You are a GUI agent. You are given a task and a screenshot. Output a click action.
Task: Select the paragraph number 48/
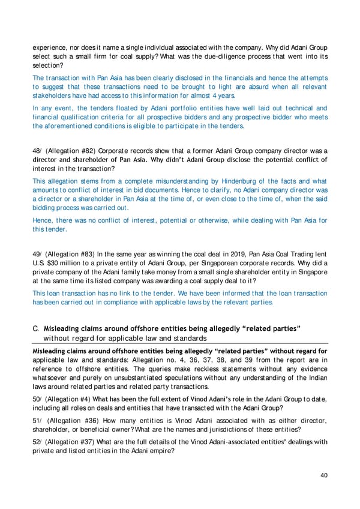[37, 151]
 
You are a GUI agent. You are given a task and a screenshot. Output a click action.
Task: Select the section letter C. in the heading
[36, 326]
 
